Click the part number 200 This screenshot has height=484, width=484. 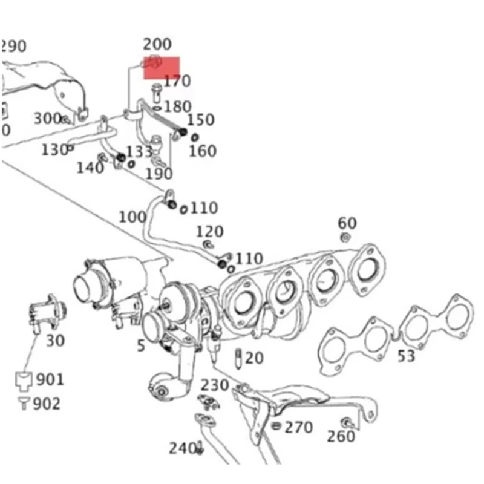(157, 44)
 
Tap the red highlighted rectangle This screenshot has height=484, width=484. (162, 67)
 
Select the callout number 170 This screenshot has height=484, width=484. (177, 81)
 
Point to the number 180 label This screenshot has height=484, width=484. (177, 107)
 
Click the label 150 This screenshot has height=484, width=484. (200, 120)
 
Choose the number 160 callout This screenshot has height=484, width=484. (202, 150)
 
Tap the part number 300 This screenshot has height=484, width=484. (47, 118)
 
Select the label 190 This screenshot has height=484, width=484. (159, 174)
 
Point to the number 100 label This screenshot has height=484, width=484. (132, 217)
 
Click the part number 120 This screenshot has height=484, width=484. (209, 231)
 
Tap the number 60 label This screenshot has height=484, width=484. (347, 223)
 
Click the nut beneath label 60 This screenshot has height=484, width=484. (345, 237)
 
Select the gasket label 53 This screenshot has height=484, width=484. (406, 356)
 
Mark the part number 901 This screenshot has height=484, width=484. (50, 380)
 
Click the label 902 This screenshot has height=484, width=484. (47, 404)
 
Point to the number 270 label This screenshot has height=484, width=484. (299, 428)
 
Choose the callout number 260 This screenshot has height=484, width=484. (341, 436)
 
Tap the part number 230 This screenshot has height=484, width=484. (215, 385)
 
